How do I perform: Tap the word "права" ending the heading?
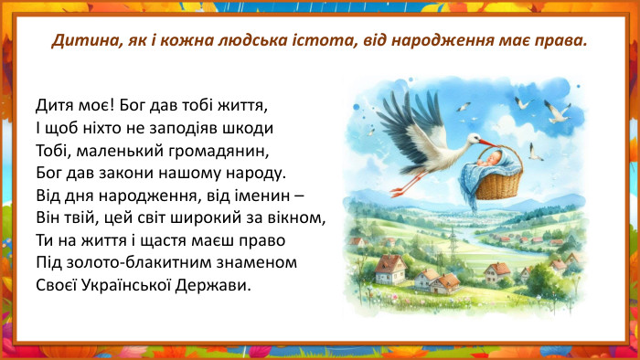[x=557, y=42]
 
